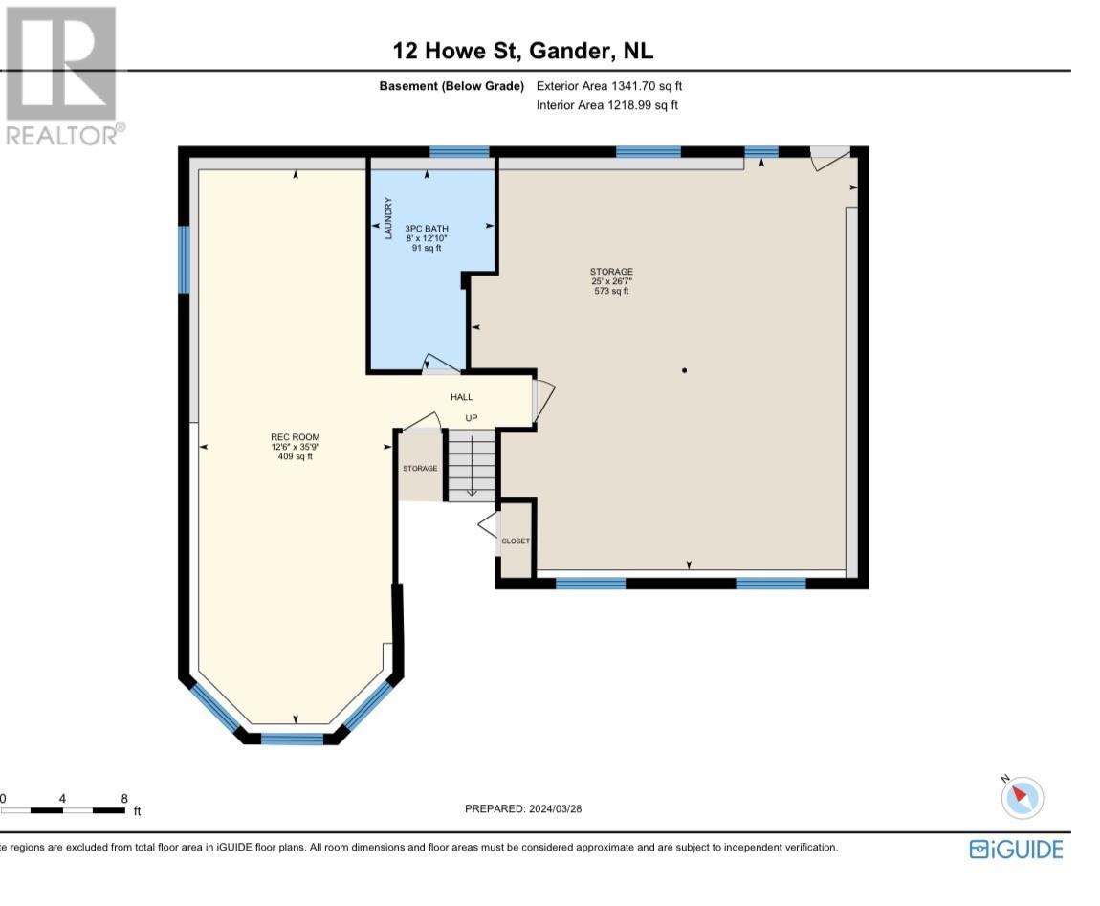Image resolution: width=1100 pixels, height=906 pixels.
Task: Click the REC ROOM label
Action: pos(295,437)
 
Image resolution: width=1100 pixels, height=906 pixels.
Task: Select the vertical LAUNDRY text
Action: pos(388,218)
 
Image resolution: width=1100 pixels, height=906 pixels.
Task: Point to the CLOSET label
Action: pos(516,541)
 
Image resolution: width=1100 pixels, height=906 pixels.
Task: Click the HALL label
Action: pos(462,397)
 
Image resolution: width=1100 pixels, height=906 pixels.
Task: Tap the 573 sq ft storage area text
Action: pos(611,291)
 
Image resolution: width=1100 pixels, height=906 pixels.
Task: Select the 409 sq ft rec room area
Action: pos(295,456)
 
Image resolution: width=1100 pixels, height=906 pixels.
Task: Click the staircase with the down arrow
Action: pos(471,466)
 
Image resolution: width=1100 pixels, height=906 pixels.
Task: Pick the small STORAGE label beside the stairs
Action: pos(420,468)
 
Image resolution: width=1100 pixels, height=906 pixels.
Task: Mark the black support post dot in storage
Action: pos(684,370)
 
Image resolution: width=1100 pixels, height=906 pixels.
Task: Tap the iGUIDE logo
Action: pos(1015,849)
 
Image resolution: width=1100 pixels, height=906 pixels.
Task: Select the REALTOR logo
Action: pos(61,77)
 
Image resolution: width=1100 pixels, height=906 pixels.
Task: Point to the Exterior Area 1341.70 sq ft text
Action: pos(609,86)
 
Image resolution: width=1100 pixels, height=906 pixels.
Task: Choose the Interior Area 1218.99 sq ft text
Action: pos(607,105)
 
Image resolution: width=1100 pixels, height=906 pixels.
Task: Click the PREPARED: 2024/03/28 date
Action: pos(523,808)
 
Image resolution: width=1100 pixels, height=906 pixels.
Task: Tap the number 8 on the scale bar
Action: pos(124,797)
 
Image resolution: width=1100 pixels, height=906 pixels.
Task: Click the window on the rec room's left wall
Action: pos(184,259)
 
